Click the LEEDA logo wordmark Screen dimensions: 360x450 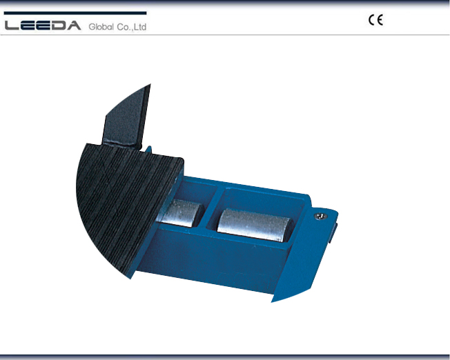coord(43,26)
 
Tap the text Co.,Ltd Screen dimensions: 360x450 coord(133,27)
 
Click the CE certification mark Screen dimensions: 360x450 coord(375,20)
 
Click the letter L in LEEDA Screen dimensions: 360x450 coord(13,26)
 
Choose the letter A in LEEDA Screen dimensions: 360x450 coord(74,26)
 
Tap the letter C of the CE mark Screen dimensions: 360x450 coord(371,20)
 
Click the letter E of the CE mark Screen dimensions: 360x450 coord(380,20)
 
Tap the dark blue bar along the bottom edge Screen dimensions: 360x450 coord(225,357)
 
